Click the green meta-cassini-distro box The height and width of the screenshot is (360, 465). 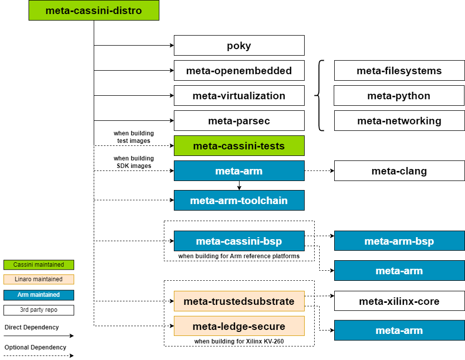click(94, 11)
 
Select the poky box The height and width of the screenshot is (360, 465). click(239, 46)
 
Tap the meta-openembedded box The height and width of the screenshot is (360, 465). click(239, 71)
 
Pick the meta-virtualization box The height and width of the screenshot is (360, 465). click(239, 96)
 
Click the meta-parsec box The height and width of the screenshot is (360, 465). click(239, 121)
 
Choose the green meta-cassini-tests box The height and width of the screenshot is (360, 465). click(239, 146)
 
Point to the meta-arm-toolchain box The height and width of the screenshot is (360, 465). click(239, 201)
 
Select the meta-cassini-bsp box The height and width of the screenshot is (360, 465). click(239, 241)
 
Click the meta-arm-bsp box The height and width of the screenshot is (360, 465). click(399, 241)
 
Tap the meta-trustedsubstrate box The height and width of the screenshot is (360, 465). click(239, 301)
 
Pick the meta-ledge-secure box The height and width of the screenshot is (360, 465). click(239, 326)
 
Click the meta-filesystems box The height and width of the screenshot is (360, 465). click(399, 71)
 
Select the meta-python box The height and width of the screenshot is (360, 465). click(399, 96)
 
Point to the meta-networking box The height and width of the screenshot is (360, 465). click(399, 121)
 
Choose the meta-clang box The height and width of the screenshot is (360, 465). click(399, 171)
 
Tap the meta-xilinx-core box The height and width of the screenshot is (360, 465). click(399, 301)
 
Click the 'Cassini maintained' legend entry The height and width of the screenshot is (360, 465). click(39, 265)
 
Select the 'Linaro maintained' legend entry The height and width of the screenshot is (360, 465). click(39, 279)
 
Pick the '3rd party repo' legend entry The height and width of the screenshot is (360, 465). click(39, 310)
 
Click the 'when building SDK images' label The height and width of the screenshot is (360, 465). click(134, 162)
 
